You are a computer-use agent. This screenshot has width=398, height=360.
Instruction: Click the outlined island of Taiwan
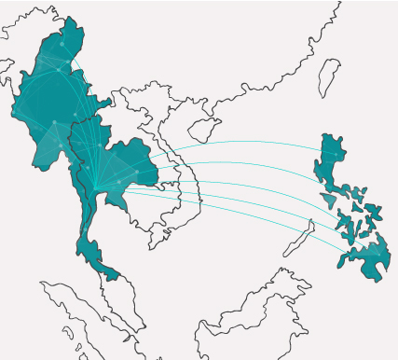(x=327, y=78)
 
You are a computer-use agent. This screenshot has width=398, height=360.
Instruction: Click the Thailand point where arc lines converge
(x=95, y=191)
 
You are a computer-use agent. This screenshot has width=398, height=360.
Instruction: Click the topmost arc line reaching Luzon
(x=242, y=142)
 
